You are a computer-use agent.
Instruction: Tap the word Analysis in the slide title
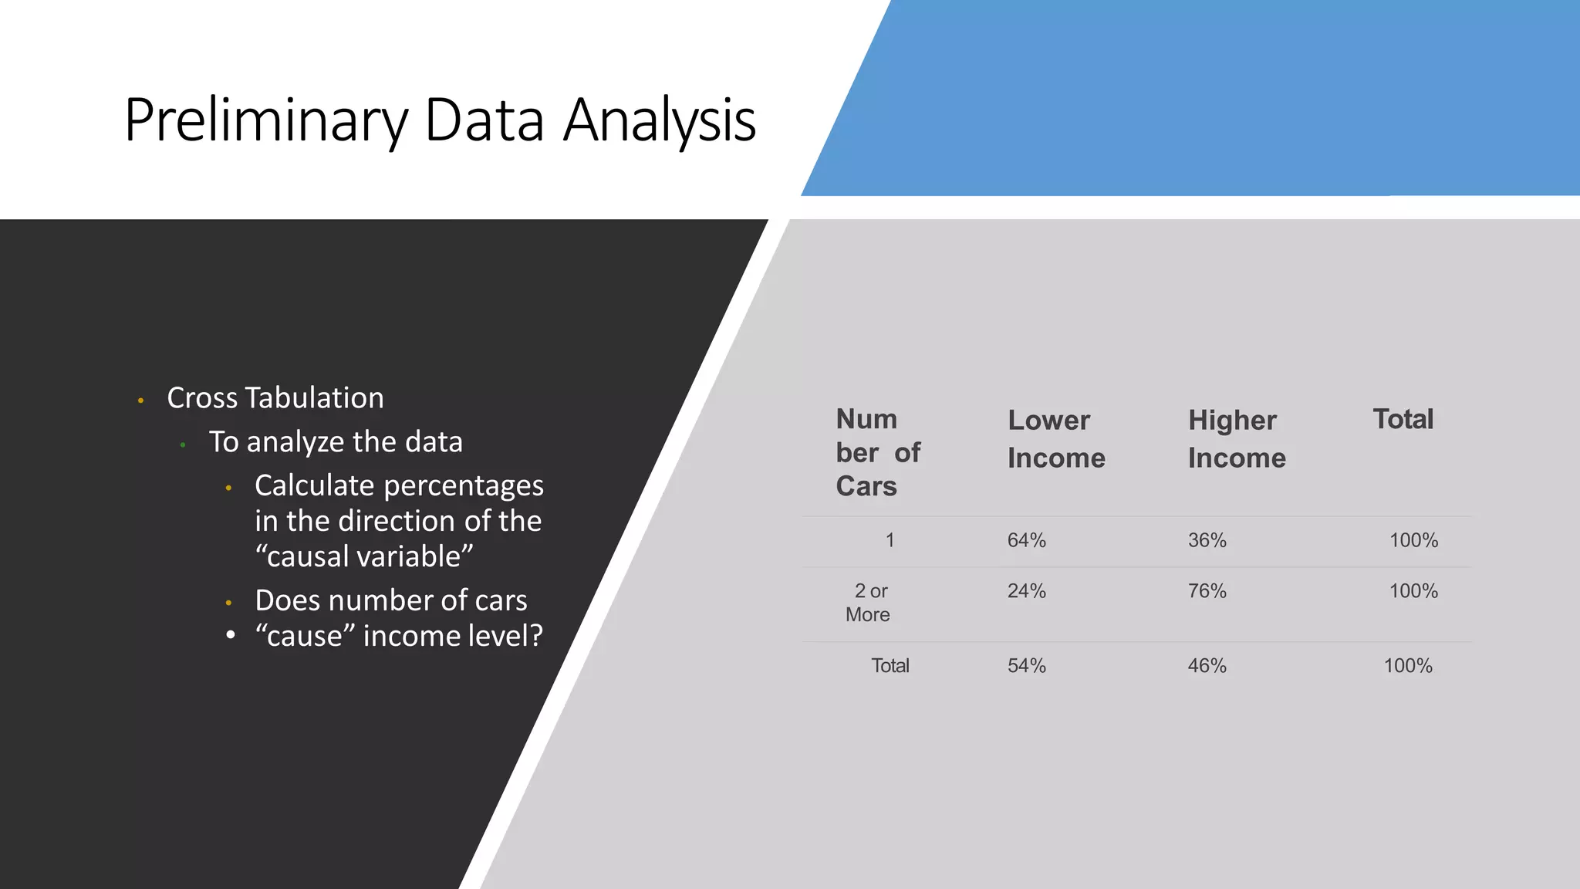[659, 121]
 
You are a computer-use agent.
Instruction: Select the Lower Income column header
[1056, 439]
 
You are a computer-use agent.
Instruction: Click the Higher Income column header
[1237, 439]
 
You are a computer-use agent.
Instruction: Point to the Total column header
[1403, 419]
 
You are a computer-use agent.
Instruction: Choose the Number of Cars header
[877, 452]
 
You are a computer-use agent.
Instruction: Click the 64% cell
[1026, 540]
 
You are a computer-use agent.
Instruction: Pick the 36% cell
[1207, 540]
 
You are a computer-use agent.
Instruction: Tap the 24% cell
[1026, 591]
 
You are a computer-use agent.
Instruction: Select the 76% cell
[1207, 591]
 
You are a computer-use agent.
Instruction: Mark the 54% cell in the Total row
[1026, 666]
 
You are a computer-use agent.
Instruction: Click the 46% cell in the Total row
[1207, 666]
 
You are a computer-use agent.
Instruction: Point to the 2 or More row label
[869, 603]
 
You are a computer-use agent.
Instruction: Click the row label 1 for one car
[890, 540]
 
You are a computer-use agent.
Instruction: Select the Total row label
[890, 666]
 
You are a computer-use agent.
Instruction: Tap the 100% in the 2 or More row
[1413, 591]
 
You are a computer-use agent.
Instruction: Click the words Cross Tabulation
[275, 398]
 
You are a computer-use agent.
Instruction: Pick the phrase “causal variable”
[363, 556]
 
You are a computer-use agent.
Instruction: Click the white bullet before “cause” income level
[230, 635]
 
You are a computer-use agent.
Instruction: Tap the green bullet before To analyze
[183, 445]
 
